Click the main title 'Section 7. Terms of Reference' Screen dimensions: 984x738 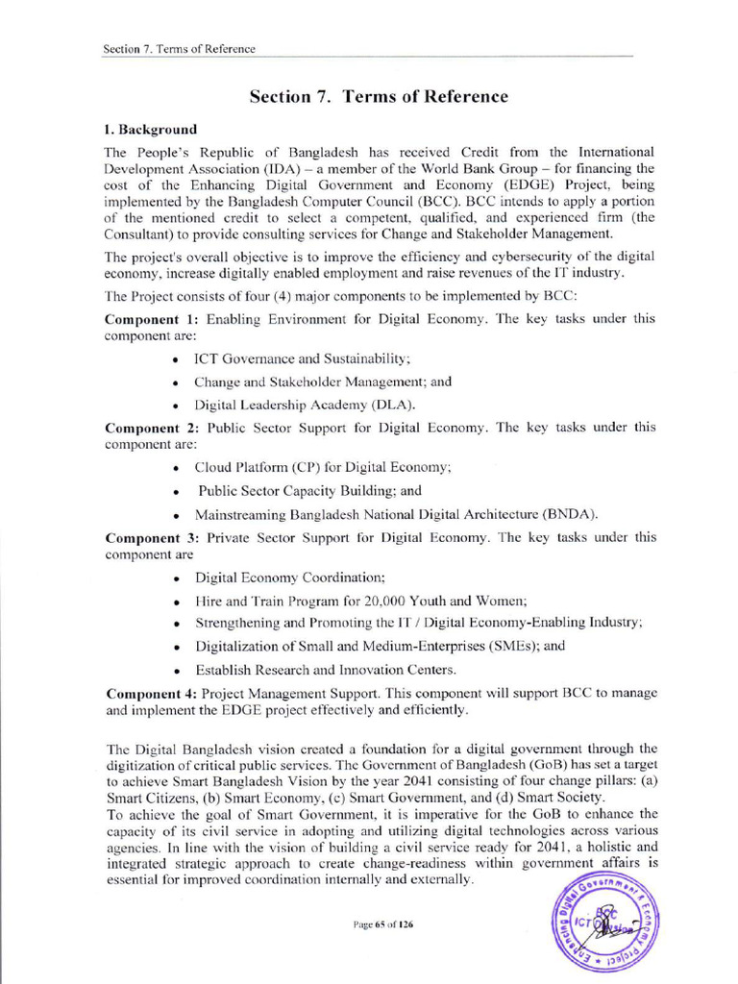pyautogui.click(x=379, y=96)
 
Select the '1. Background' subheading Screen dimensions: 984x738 pyautogui.click(x=150, y=129)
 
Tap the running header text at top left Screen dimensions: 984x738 pyautogui.click(x=179, y=49)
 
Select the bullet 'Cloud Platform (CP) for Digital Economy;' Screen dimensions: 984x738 pyautogui.click(x=323, y=467)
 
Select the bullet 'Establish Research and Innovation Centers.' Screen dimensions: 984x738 pyautogui.click(x=326, y=669)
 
